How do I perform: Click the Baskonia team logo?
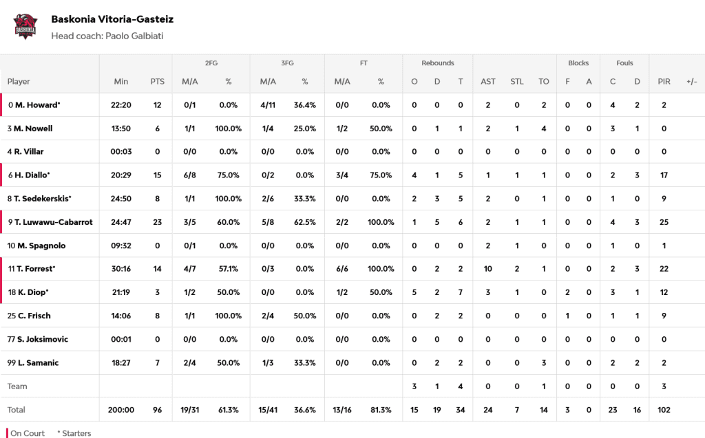coord(25,26)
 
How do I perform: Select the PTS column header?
coord(157,81)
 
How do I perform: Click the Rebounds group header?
coord(437,63)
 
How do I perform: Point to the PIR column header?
coord(664,81)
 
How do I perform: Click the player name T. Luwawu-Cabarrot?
coord(54,222)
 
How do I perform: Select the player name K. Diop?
coord(32,292)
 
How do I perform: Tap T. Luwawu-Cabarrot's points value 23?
coord(157,222)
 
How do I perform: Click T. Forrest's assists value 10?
coord(487,269)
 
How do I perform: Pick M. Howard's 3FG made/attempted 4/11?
coord(268,105)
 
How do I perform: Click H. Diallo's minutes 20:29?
coord(121,175)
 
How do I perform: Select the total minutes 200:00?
coord(121,410)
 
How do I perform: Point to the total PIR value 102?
coord(664,410)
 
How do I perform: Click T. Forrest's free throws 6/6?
coord(342,269)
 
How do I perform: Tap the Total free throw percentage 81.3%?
coord(380,410)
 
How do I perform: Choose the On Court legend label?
coord(28,433)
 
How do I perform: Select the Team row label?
coord(17,386)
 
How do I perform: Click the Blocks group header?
coord(578,63)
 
